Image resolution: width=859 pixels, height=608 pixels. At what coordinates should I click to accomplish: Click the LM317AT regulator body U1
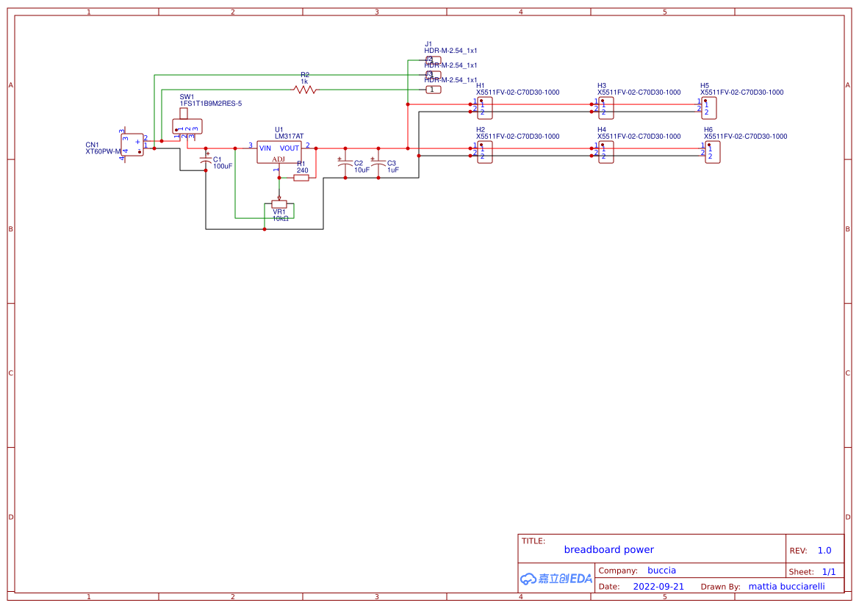tap(278, 152)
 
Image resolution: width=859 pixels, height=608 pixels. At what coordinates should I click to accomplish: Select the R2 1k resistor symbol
tap(304, 90)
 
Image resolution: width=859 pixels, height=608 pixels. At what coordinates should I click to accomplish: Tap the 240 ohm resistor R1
tap(301, 177)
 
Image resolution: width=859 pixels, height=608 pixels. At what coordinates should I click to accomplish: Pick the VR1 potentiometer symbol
tap(279, 204)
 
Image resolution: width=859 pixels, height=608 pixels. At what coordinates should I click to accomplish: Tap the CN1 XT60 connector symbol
tap(132, 145)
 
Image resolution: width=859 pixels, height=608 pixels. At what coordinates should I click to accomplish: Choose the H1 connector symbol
tap(484, 108)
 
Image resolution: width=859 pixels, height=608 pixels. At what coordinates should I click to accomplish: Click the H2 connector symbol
tap(484, 152)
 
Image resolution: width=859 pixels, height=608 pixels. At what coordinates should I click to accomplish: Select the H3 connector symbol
tap(605, 108)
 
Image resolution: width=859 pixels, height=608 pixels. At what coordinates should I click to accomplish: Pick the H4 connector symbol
tap(605, 152)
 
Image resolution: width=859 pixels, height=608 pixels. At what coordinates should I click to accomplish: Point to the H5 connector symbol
tap(708, 108)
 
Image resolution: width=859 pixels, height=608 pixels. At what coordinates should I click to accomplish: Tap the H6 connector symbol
tap(712, 152)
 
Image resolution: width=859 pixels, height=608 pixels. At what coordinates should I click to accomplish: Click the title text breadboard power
tap(608, 549)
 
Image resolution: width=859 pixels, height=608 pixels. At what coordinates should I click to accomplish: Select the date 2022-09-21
tap(658, 587)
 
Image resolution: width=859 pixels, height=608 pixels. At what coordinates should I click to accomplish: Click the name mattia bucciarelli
tap(786, 587)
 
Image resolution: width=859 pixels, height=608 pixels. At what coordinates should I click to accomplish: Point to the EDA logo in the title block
tap(556, 579)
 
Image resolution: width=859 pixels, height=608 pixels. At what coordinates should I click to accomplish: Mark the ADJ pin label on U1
tap(278, 159)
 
